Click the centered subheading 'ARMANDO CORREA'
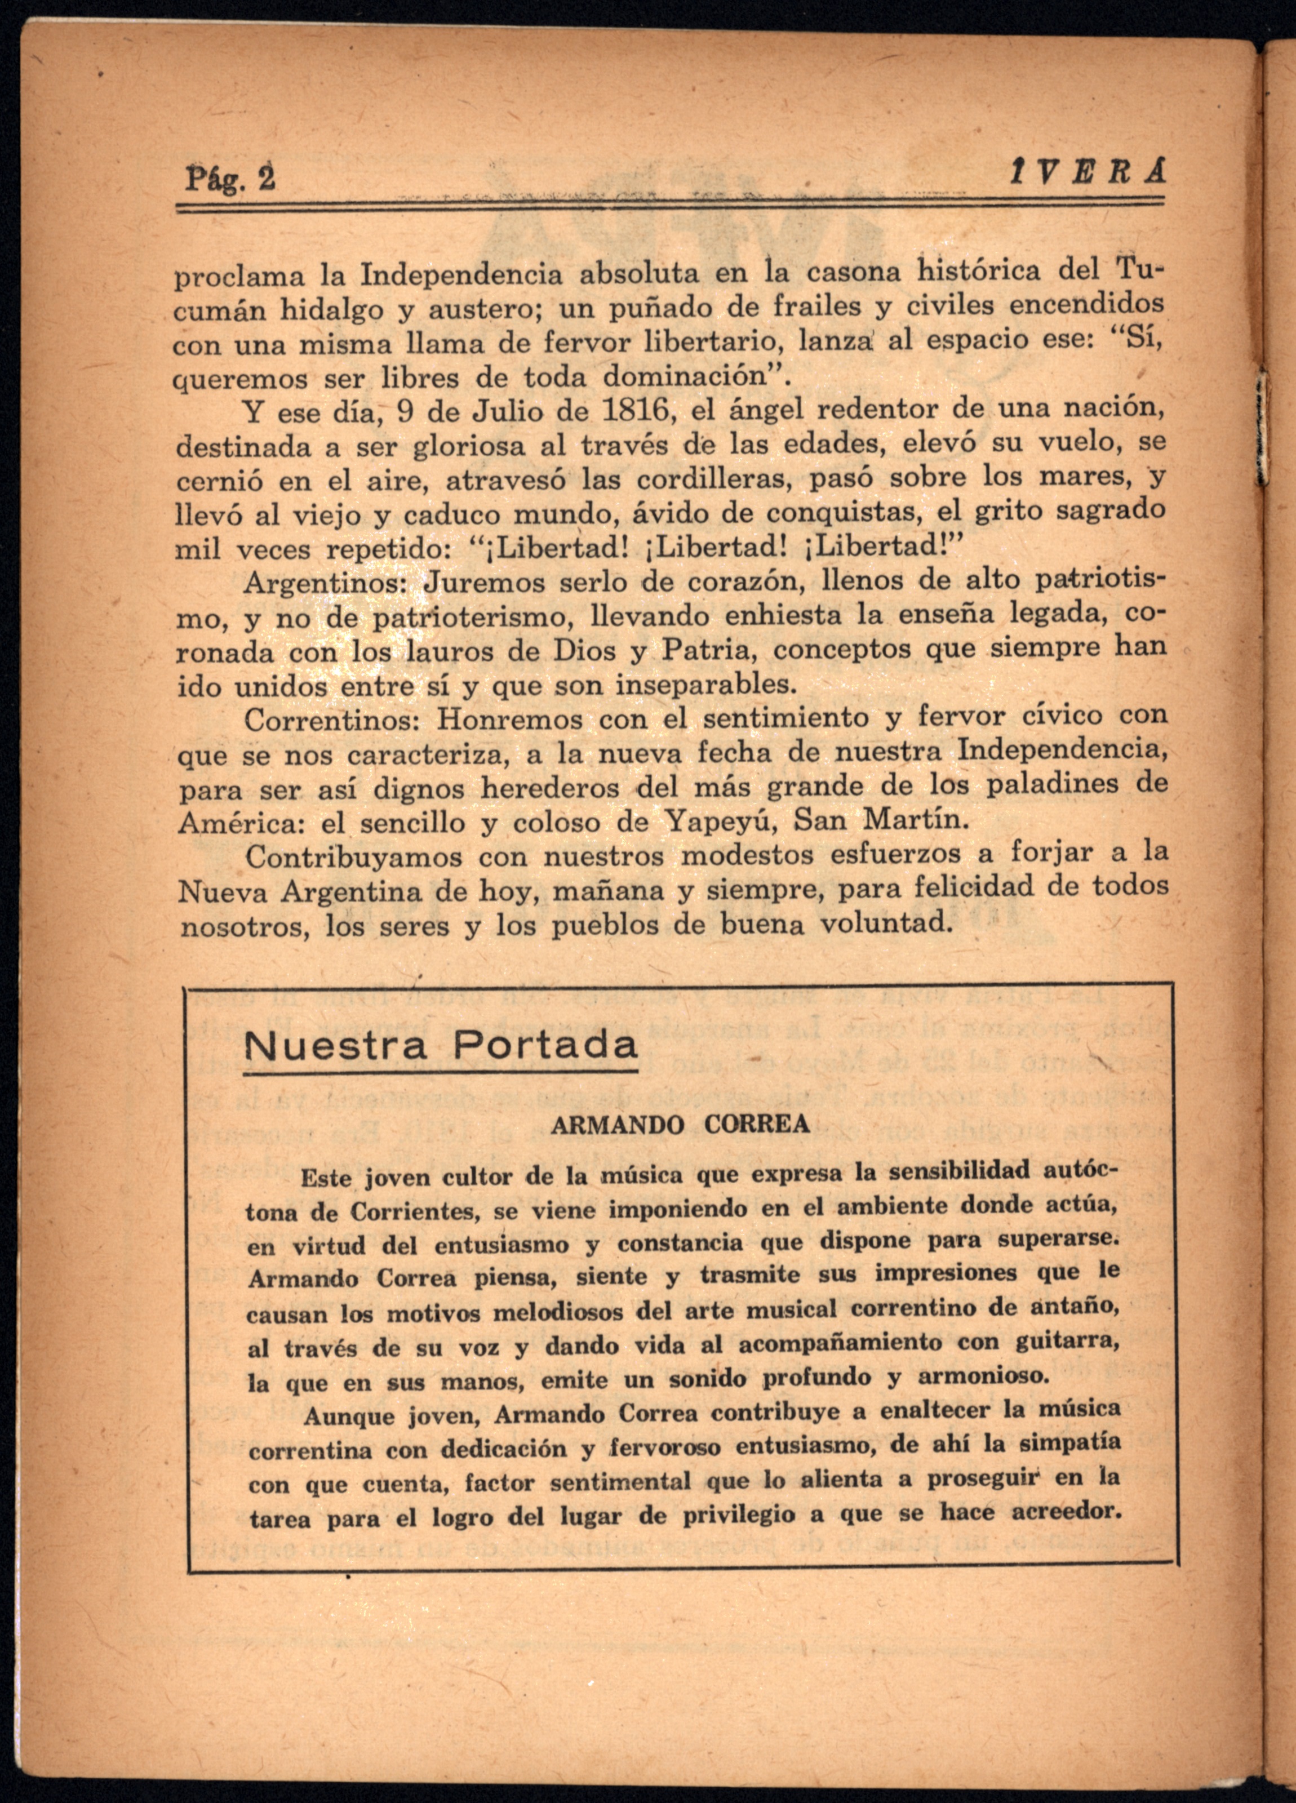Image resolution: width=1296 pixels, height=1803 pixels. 680,1124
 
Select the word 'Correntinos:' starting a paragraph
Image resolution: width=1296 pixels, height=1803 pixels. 337,720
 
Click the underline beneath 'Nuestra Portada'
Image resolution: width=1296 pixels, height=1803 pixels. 441,1072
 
